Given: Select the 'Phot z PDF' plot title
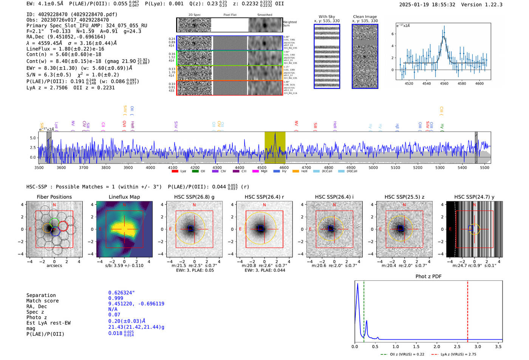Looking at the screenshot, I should pyautogui.click(x=428, y=277).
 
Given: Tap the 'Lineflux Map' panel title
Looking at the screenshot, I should pyautogui.click(x=124, y=197).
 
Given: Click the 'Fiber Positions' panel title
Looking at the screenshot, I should pyautogui.click(x=54, y=197).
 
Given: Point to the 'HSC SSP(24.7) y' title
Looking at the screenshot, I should pyautogui.click(x=474, y=197).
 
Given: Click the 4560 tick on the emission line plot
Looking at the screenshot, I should pyautogui.click(x=444, y=83).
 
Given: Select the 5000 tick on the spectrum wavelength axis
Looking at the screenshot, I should pyautogui.click(x=373, y=168).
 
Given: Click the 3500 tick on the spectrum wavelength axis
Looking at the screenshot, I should pyautogui.click(x=39, y=168).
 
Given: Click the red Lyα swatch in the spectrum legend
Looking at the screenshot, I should pyautogui.click(x=175, y=172).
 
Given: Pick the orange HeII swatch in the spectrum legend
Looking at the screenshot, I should pyautogui.click(x=295, y=172).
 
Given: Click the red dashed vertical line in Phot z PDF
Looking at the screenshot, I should pyautogui.click(x=467, y=310).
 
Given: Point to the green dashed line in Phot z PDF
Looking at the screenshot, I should pyautogui.click(x=364, y=310).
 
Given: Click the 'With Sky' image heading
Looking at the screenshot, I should pyautogui.click(x=327, y=17).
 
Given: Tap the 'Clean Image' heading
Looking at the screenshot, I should pyautogui.click(x=365, y=17).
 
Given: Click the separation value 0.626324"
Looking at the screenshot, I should pyautogui.click(x=121, y=293).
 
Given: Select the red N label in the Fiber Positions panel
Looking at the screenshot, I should pyautogui.click(x=54, y=205).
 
